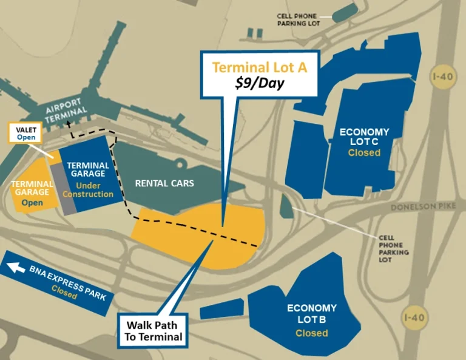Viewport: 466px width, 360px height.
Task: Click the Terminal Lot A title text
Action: pos(259,67)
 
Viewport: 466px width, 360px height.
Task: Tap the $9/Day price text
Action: pos(260,84)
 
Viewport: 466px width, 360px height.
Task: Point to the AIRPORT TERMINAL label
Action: pos(67,113)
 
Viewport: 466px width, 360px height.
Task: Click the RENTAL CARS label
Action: pos(164,183)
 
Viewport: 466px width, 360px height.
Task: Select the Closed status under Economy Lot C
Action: pos(364,152)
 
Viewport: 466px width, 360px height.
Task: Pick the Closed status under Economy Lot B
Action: pos(311,333)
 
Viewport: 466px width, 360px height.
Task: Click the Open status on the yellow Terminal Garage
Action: pos(32,202)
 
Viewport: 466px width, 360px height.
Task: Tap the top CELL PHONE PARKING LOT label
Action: pos(297,20)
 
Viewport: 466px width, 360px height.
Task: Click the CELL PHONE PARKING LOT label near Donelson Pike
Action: pos(394,249)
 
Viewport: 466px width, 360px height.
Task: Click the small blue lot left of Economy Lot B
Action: pos(221,308)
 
